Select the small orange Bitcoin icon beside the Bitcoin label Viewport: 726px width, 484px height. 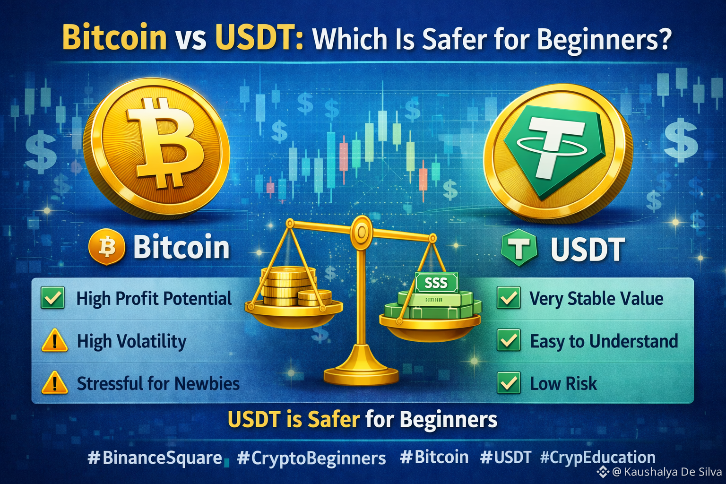pyautogui.click(x=107, y=247)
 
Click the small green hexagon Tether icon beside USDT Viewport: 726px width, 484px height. pyautogui.click(x=519, y=247)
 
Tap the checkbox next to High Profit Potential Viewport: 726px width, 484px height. pyautogui.click(x=53, y=298)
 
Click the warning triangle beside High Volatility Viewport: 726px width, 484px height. pyautogui.click(x=54, y=340)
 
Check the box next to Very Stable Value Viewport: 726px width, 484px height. pyautogui.click(x=509, y=298)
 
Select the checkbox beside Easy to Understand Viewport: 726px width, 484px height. pyautogui.click(x=509, y=340)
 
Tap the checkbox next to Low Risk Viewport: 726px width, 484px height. pyautogui.click(x=509, y=383)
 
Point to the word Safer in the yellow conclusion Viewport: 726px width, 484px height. pyautogui.click(x=334, y=420)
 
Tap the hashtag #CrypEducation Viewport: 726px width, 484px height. pyautogui.click(x=597, y=458)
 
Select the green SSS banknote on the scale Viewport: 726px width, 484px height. pyautogui.click(x=436, y=283)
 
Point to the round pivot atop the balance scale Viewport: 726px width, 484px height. pyautogui.click(x=362, y=232)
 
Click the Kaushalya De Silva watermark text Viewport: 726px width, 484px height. pyautogui.click(x=668, y=472)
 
